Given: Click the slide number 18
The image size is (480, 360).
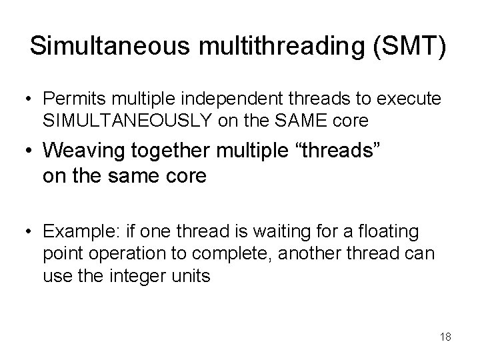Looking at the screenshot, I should (445, 337).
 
